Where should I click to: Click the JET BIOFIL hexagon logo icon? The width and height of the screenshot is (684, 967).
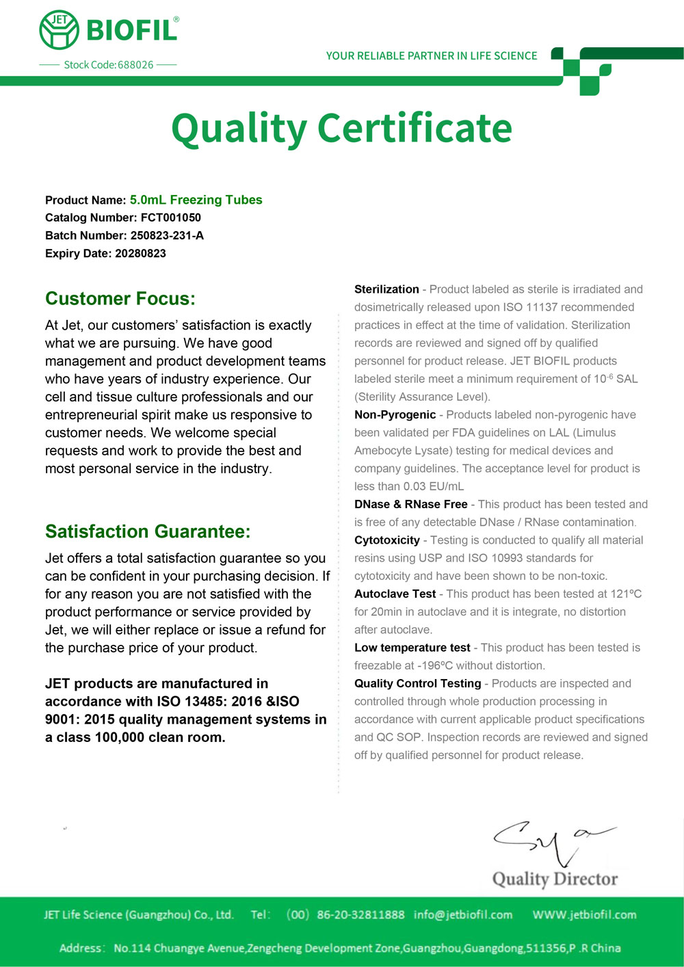[x=59, y=31]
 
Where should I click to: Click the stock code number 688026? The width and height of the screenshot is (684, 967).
[x=135, y=65]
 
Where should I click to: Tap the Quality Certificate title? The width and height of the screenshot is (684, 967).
[x=341, y=129]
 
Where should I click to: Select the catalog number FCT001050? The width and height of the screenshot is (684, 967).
[x=171, y=217]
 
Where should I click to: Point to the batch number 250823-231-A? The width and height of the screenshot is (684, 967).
[x=167, y=235]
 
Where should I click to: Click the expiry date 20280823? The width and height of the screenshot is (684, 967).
[x=140, y=253]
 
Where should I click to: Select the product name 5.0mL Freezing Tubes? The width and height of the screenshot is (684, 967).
[x=196, y=200]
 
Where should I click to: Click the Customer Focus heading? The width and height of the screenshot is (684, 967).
[x=120, y=299]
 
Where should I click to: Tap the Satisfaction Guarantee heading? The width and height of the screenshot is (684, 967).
[x=148, y=531]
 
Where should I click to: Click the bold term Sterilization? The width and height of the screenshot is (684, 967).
[x=386, y=289]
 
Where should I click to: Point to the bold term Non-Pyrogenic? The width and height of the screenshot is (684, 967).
[x=395, y=414]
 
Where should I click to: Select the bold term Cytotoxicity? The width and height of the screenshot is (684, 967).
[x=386, y=540]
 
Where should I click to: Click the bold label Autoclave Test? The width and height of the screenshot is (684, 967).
[x=395, y=594]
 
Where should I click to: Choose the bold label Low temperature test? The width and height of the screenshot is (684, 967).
[x=412, y=648]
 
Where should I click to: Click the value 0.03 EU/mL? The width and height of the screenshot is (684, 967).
[x=434, y=486]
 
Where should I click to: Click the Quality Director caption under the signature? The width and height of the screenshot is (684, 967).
[x=555, y=879]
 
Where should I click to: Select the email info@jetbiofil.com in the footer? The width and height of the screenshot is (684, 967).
[x=463, y=914]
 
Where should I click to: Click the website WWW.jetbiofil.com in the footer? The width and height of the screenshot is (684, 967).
[x=584, y=914]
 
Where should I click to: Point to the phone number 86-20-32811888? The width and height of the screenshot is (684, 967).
[x=360, y=914]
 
